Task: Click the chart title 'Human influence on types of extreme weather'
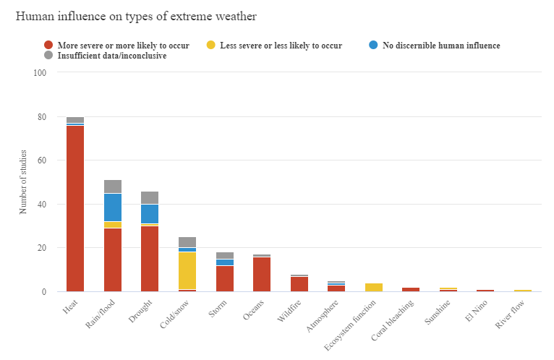click(135, 16)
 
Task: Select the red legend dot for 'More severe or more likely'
click(48, 46)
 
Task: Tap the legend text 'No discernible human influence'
click(441, 46)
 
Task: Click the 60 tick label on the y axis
click(42, 160)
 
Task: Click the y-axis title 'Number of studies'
click(22, 182)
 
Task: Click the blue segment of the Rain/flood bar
click(113, 207)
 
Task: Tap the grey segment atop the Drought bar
click(150, 197)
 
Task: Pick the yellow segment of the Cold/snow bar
click(187, 270)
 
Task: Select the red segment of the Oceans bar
click(262, 274)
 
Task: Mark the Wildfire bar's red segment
click(299, 284)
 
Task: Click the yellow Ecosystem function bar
click(374, 287)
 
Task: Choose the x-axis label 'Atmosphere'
click(325, 315)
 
